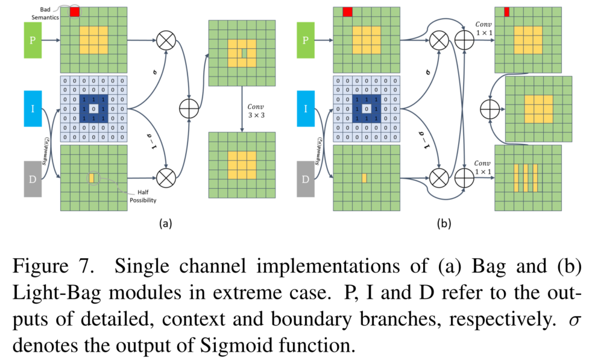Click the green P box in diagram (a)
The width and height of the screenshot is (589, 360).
33,40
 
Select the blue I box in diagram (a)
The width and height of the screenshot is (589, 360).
33,109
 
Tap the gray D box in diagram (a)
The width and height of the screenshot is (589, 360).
33,179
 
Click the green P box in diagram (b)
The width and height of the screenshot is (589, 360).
306,40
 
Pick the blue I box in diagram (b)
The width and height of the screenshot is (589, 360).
306,109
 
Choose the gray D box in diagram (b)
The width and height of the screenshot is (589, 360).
306,179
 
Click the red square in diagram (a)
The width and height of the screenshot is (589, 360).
75,12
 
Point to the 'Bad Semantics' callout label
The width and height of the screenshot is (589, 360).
45,13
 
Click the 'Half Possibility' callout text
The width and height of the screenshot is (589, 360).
143,196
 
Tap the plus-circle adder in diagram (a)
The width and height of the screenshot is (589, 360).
189,109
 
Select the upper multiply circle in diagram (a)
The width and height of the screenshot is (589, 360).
166,40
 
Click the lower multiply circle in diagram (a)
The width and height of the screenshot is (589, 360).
166,178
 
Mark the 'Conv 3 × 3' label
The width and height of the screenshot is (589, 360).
256,111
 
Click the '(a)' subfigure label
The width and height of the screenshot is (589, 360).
166,224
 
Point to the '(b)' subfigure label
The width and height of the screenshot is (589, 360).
444,224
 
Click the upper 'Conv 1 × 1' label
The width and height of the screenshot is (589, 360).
484,28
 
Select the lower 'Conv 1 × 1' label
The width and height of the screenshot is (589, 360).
483,168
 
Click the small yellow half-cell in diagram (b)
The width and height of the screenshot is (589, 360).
364,178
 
